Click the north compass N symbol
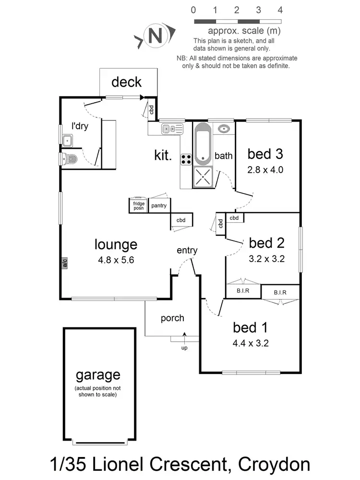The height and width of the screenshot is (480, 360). (154, 36)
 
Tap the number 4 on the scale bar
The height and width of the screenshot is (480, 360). (280, 10)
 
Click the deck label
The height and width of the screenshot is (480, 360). (127, 82)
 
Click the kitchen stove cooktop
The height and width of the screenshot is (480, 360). (186, 159)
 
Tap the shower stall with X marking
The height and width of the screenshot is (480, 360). (203, 178)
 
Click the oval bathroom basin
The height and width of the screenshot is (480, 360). (224, 129)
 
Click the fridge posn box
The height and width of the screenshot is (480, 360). (139, 206)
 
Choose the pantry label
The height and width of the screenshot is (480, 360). (158, 206)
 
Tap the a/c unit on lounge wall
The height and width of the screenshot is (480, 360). (64, 264)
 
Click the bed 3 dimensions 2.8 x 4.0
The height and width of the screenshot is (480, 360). (265, 169)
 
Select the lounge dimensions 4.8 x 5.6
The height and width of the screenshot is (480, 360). (116, 261)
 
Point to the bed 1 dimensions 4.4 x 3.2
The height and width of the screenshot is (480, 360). (250, 343)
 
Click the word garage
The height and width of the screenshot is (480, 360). (98, 375)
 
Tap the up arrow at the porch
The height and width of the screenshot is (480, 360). (184, 339)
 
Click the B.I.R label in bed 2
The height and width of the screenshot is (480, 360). (242, 291)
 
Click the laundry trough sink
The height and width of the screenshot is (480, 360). (67, 141)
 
